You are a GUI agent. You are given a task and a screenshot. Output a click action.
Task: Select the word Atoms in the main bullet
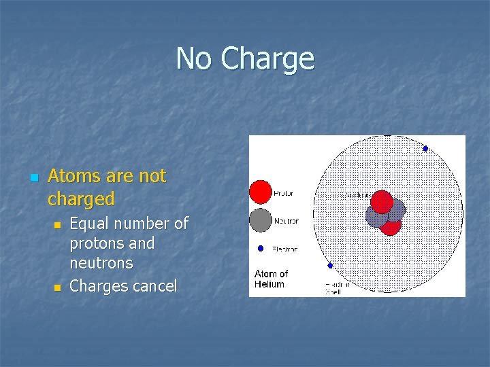click(x=72, y=177)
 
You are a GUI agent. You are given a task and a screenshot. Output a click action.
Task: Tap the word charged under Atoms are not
click(x=81, y=199)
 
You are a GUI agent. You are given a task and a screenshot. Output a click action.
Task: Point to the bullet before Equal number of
click(x=59, y=224)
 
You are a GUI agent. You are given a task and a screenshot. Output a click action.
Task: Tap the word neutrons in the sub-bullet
click(x=101, y=262)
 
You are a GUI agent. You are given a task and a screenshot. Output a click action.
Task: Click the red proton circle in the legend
click(x=260, y=192)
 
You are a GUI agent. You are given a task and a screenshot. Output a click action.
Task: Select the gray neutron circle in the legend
click(x=260, y=220)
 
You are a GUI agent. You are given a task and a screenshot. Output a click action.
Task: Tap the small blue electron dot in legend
click(x=260, y=248)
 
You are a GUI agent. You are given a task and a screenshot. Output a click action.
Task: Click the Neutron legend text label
click(x=286, y=221)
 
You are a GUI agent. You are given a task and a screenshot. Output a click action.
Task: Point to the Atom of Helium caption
click(x=271, y=279)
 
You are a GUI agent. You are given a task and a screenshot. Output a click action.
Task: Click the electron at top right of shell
click(x=425, y=148)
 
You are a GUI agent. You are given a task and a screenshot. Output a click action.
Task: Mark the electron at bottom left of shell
click(x=330, y=266)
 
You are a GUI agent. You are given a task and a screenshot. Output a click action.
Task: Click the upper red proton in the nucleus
click(x=382, y=201)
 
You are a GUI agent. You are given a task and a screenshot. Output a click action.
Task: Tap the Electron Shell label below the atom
click(x=337, y=288)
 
